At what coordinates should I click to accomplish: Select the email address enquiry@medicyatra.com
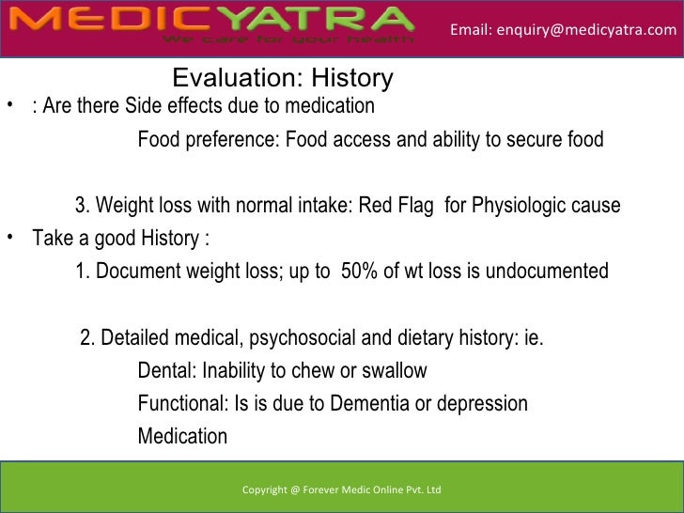point(563,30)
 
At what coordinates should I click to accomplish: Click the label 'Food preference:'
point(208,141)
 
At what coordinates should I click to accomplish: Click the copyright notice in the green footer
point(341,490)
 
